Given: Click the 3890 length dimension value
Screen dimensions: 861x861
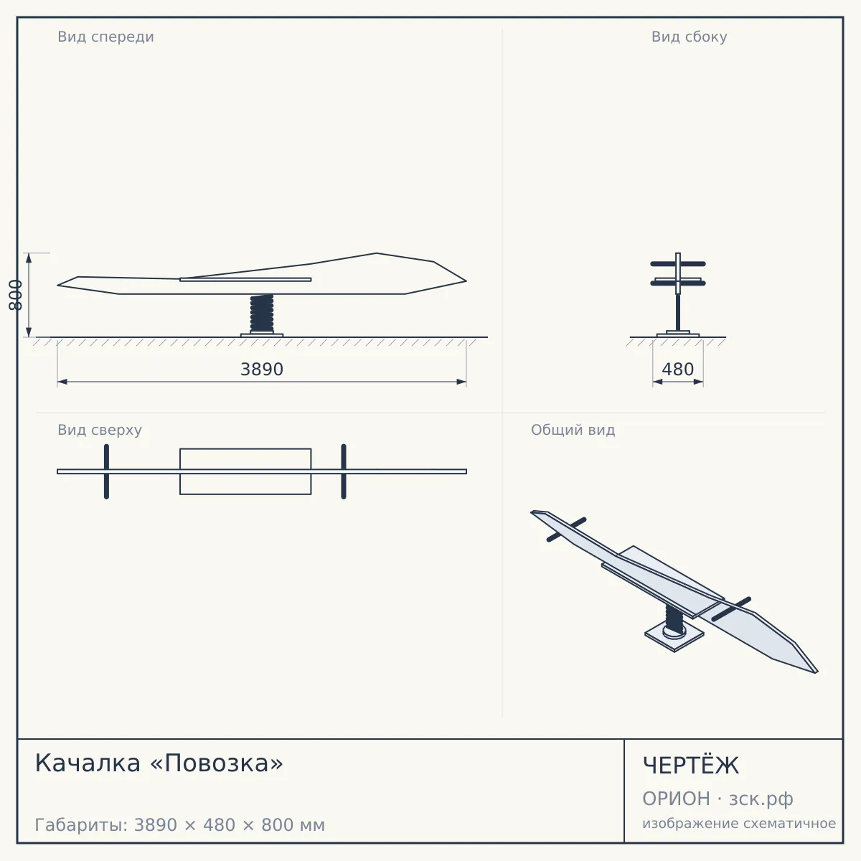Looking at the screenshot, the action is point(262,369).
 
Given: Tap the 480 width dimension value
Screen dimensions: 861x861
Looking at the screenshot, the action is point(677,369).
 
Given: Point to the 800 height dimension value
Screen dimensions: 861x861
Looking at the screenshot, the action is point(15,295).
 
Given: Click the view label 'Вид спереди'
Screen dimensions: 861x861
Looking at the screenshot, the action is point(105,37).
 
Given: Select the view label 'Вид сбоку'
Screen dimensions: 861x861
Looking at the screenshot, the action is point(689,37).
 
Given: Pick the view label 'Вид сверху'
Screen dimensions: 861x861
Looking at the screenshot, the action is point(100,430).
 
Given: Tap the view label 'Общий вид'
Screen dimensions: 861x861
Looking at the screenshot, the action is point(573,430).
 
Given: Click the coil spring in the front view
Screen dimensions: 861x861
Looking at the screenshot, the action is point(262,313).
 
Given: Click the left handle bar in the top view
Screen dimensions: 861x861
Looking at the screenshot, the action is point(106,471).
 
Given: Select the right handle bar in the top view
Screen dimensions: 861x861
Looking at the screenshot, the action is point(344,471).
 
